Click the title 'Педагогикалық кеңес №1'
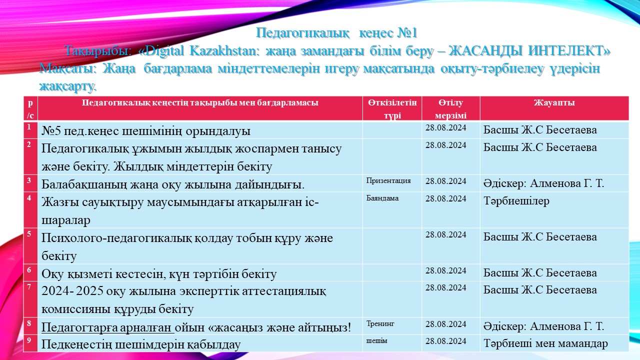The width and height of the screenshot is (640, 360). pos(336,33)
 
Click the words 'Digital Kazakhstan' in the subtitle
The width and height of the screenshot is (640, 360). pos(204,51)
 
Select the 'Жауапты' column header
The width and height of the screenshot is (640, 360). pos(554,102)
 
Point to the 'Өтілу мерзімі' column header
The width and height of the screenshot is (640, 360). pos(450,109)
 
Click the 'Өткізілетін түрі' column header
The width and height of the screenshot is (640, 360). pos(392,109)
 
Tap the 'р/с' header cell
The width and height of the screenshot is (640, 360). pos(30,109)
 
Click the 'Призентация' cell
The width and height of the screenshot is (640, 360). pos(388,180)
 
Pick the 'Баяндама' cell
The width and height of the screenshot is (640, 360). pos(382,198)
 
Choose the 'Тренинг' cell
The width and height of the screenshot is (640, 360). pos(380,323)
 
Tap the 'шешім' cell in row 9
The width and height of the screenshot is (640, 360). pos(376,340)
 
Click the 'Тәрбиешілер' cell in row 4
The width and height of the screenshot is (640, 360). pos(516,201)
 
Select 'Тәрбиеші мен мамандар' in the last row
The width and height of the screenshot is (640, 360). pos(545,343)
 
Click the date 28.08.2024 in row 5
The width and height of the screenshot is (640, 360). pos(445,234)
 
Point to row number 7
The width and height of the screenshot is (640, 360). pos(29,287)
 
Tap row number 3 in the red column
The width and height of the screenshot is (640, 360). pos(29,180)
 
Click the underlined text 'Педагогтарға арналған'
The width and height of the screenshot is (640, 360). pos(107,327)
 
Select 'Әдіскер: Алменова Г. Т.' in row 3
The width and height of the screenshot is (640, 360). pos(543,183)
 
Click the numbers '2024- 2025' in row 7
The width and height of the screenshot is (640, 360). pos(72,291)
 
